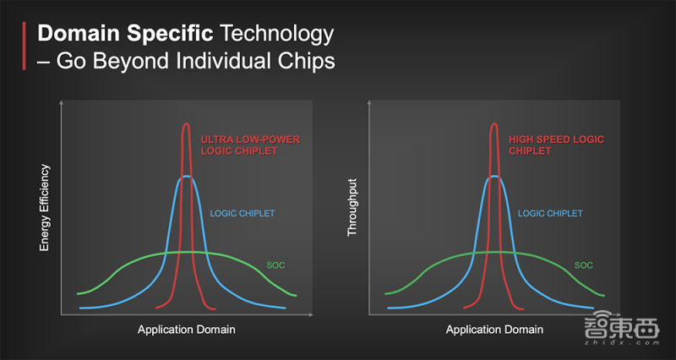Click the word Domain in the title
[x=79, y=33]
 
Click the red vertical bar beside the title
[x=25, y=46]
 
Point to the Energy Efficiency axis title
[x=45, y=207]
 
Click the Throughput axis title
[x=352, y=207]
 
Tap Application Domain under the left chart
[x=186, y=330]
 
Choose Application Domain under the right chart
[x=494, y=330]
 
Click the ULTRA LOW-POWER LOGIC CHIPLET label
[x=250, y=145]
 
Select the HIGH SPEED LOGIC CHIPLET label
[x=556, y=145]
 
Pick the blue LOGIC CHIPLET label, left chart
[x=243, y=214]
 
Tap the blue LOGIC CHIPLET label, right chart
[x=550, y=214]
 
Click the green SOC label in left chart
[x=275, y=265]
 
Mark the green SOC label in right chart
[x=583, y=265]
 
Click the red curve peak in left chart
[x=186, y=123]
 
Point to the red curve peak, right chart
[x=494, y=123]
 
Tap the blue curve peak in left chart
[x=186, y=176]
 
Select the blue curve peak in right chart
[x=494, y=176]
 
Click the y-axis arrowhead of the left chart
[x=61, y=102]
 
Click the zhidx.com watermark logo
[x=621, y=328]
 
